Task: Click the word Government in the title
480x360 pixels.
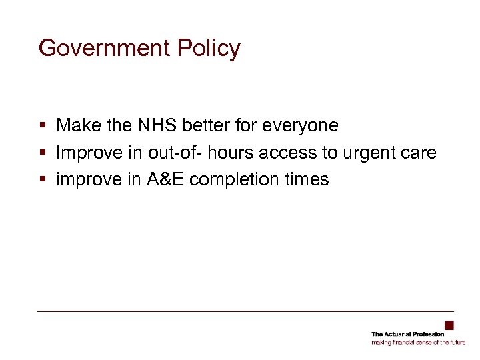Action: coord(99,49)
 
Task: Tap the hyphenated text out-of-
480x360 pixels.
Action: coord(175,152)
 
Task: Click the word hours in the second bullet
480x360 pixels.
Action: coord(231,152)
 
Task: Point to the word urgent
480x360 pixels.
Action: coord(368,153)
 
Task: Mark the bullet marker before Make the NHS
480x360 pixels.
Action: coord(42,125)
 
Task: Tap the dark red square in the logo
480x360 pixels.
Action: coord(449,325)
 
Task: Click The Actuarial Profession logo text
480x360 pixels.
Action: coord(408,334)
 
